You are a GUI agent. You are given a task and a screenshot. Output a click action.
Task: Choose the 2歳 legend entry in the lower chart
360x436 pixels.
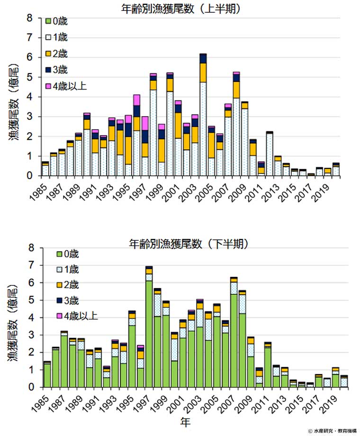coord(63,285)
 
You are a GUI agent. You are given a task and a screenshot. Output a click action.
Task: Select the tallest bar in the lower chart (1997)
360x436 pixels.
coord(149,327)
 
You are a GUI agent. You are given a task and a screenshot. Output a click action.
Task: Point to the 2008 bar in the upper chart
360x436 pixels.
coord(236,124)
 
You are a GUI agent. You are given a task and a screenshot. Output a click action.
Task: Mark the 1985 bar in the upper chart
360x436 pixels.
coord(45,169)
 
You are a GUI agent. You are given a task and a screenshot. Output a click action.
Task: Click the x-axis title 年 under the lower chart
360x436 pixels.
coord(189,420)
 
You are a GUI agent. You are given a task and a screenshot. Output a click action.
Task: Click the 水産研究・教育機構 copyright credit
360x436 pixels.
coord(332,431)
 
